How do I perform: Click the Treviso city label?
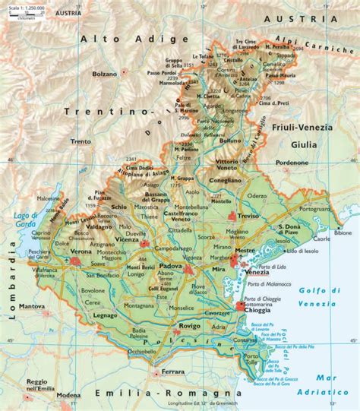point(249,215)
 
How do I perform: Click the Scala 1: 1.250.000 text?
point(22,7)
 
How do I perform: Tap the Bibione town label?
point(343,234)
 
